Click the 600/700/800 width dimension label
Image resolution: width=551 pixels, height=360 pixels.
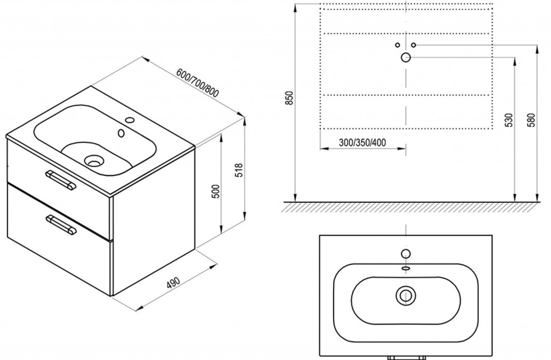[198, 83]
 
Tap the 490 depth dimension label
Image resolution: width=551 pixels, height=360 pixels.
[173, 283]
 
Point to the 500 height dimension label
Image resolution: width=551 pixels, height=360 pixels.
[216, 191]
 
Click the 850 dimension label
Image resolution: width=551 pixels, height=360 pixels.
[289, 98]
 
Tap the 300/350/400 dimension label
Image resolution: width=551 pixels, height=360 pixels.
[362, 143]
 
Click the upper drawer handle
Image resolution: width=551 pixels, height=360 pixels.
[61, 180]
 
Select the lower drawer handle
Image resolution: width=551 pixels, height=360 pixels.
[61, 224]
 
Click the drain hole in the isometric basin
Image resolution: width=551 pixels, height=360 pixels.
[94, 161]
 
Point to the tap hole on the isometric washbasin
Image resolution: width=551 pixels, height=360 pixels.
[130, 120]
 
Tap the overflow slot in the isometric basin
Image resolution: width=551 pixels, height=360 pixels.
[122, 133]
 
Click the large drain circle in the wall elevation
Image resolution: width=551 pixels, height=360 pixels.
[406, 57]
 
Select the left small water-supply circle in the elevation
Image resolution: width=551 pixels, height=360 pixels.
[398, 45]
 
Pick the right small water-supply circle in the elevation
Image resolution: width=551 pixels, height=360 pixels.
[414, 45]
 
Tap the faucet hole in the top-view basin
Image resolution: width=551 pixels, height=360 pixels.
[406, 253]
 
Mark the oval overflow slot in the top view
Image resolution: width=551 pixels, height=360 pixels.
[406, 268]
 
